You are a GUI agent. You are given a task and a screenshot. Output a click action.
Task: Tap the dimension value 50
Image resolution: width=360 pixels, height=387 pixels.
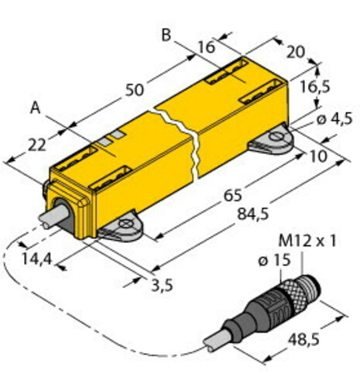pos(134,90)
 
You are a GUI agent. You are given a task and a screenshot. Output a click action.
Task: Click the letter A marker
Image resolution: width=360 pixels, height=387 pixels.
pos(35,108)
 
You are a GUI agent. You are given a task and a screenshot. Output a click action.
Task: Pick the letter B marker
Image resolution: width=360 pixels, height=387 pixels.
pos(166,35)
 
